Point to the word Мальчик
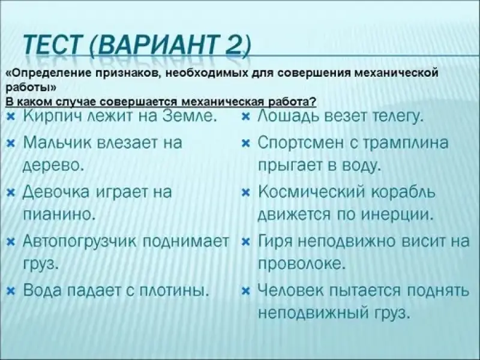pyautogui.click(x=57, y=143)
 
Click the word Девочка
pyautogui.click(x=56, y=193)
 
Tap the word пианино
pyautogui.click(x=58, y=215)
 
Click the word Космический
pyautogui.click(x=312, y=193)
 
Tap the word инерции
pyautogui.click(x=397, y=215)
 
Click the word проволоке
pyautogui.click(x=302, y=264)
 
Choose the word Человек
pyautogui.click(x=290, y=290)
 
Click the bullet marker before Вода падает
pyautogui.click(x=11, y=291)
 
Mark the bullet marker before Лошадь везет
pyautogui.click(x=246, y=116)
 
